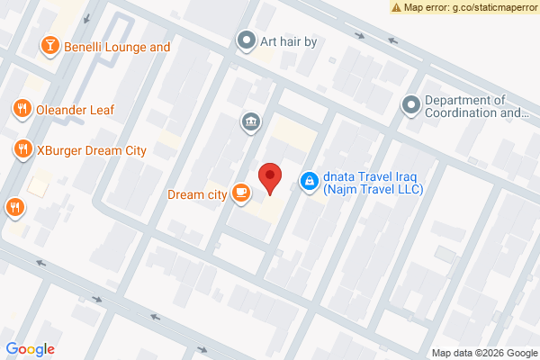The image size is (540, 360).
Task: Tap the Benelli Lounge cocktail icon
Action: point(51,45)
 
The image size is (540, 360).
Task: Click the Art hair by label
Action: point(290,40)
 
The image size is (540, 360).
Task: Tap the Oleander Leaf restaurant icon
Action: point(22,109)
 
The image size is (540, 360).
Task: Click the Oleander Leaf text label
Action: point(75,109)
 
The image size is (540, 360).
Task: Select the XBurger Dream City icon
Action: point(22,149)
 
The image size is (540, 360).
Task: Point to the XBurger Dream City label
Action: point(91,149)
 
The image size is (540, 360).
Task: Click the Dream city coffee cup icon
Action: point(240,193)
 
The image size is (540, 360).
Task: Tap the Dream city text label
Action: point(196,193)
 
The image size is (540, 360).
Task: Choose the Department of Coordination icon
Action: point(411,106)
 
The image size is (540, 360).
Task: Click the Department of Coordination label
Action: point(476,106)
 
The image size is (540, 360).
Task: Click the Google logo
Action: point(31,349)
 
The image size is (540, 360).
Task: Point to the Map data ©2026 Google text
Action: point(483,352)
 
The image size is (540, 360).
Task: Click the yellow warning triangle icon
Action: point(397,6)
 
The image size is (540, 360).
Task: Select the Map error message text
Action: point(470,6)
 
